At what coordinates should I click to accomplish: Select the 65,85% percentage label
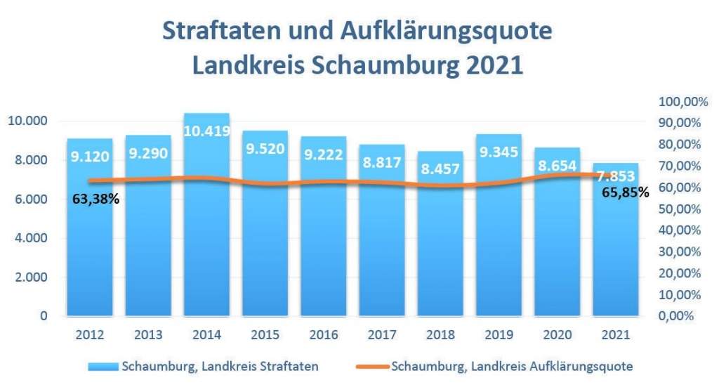626,191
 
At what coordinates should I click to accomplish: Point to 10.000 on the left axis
27,121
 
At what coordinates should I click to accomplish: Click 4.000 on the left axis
31,238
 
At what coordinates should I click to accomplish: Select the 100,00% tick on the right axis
679,102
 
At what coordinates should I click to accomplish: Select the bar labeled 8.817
382,239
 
